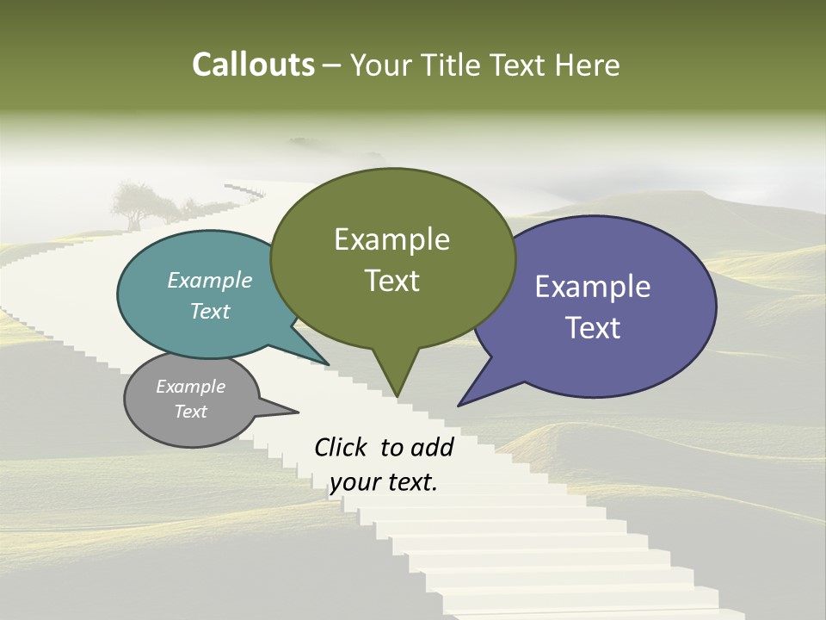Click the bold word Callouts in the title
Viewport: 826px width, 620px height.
(x=253, y=65)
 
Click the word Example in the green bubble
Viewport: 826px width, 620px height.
(x=391, y=239)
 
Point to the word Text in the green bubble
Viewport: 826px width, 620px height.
(x=391, y=280)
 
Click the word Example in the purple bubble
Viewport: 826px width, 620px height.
(x=593, y=287)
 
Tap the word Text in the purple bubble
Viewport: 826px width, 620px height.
(x=593, y=328)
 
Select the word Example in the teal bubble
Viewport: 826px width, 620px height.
(x=209, y=280)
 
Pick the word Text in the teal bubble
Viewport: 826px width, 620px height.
(x=209, y=311)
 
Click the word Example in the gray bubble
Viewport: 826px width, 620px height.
(x=190, y=387)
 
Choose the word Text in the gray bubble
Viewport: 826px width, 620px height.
(x=190, y=412)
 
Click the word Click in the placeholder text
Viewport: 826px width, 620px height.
(x=342, y=448)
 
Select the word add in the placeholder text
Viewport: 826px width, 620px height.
(x=431, y=448)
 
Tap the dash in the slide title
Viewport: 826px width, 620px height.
(x=332, y=65)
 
